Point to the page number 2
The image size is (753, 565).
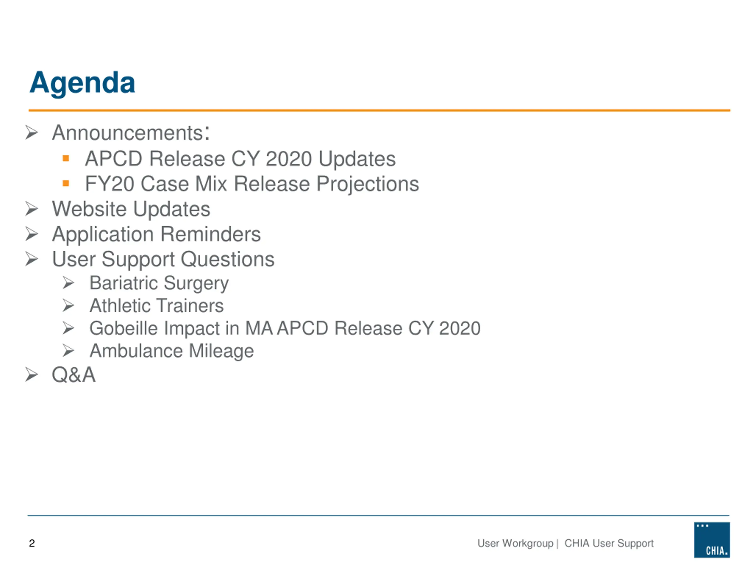click(32, 543)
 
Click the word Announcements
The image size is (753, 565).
click(128, 132)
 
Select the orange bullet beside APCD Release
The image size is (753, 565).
click(66, 158)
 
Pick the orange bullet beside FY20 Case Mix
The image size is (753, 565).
click(66, 184)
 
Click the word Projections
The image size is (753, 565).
click(368, 184)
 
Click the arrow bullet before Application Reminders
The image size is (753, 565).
click(32, 234)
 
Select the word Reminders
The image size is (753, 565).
click(210, 234)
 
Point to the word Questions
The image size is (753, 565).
click(227, 260)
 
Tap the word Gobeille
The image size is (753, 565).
click(124, 328)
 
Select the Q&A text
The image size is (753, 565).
click(74, 375)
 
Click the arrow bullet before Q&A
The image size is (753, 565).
click(32, 375)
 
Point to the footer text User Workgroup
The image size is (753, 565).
click(515, 543)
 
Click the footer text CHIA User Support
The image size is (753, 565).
click(609, 543)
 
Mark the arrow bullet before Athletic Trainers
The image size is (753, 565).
click(69, 305)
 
